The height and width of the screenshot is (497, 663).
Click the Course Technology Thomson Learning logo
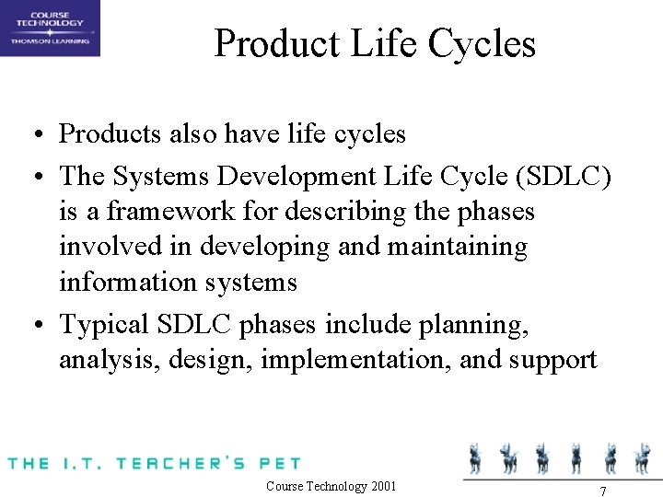pyautogui.click(x=50, y=28)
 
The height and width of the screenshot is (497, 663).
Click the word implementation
pyautogui.click(x=355, y=360)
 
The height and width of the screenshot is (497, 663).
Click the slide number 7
pyautogui.click(x=602, y=489)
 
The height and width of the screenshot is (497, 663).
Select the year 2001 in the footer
pyautogui.click(x=381, y=486)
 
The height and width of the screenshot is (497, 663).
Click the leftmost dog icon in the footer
pyautogui.click(x=476, y=457)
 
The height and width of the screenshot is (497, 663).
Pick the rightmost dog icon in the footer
pyautogui.click(x=641, y=457)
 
